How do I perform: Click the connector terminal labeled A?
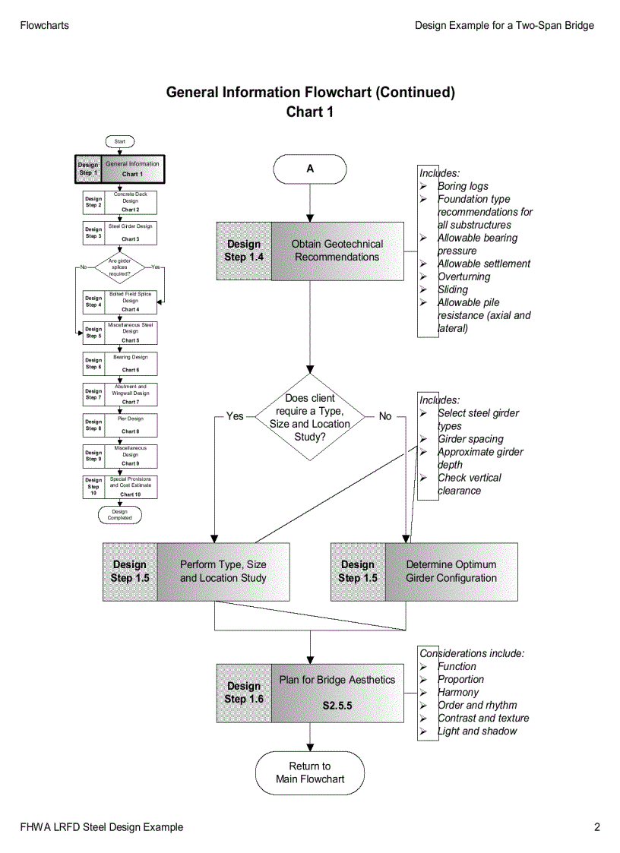tap(310, 169)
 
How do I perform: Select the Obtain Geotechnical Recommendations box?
tap(337, 251)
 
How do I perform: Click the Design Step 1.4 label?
tap(244, 251)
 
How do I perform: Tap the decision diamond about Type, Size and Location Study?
tap(310, 417)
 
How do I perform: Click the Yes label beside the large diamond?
tap(235, 416)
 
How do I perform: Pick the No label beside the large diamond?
tap(385, 416)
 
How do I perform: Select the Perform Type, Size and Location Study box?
tap(223, 571)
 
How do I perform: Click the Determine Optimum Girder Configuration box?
tap(451, 571)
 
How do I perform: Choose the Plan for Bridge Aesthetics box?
tap(337, 693)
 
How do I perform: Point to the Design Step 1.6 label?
tap(244, 693)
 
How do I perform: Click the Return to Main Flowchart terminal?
tap(310, 772)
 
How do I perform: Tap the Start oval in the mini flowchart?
tap(120, 141)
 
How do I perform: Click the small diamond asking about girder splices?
tap(120, 267)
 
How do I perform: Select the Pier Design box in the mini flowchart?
tap(130, 425)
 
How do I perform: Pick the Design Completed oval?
tap(120, 515)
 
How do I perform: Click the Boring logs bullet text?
tap(463, 186)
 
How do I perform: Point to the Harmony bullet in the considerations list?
tap(458, 692)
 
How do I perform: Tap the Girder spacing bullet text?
tap(470, 439)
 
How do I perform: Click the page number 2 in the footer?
tap(597, 827)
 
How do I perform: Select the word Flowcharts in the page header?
tap(44, 25)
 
